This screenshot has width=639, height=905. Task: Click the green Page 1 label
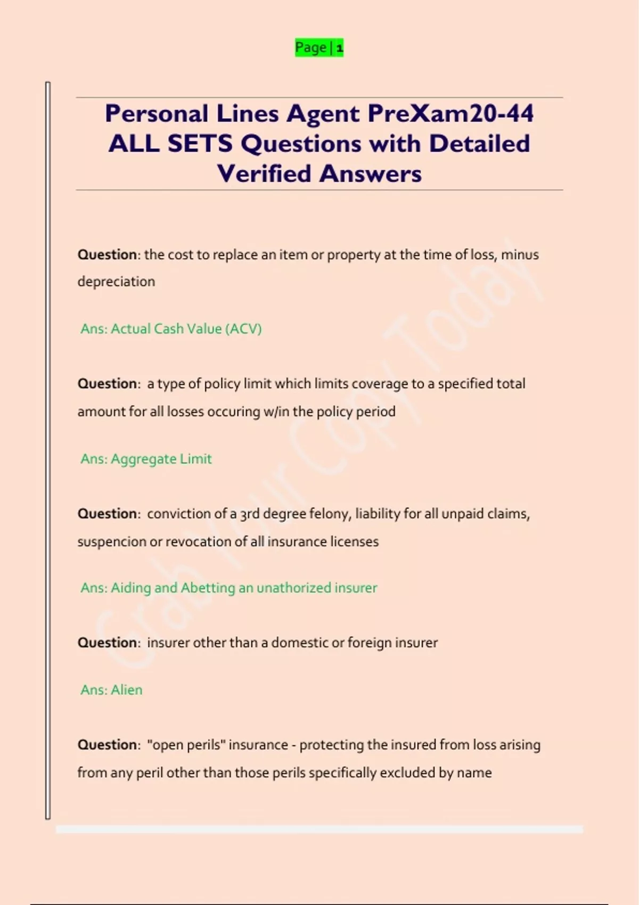click(x=319, y=47)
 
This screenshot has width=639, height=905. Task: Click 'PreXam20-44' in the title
click(x=450, y=113)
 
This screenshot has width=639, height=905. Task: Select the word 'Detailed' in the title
click(x=479, y=144)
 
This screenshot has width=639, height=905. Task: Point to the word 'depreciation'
click(x=116, y=282)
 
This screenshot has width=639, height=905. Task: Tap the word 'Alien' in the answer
click(x=126, y=690)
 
